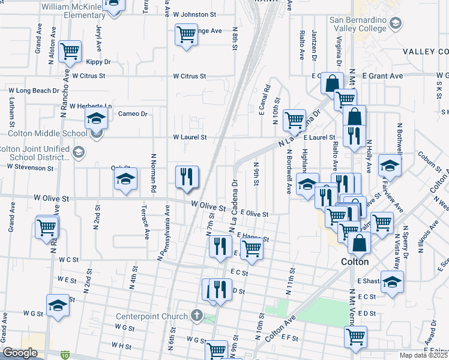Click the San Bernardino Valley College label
(357, 23)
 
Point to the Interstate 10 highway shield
(64, 355)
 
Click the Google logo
(20, 353)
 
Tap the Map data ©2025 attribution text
(424, 355)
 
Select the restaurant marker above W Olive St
(187, 176)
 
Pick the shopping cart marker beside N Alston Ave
(70, 52)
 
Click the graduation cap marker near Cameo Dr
(95, 119)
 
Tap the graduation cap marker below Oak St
(125, 179)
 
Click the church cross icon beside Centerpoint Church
(196, 315)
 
